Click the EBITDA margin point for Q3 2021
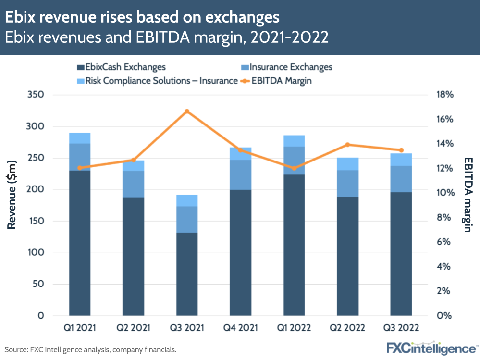tap(187, 112)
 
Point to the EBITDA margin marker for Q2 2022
tap(347, 145)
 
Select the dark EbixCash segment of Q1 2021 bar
tap(80, 243)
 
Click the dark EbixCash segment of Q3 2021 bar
tap(187, 274)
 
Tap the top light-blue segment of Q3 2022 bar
tap(401, 160)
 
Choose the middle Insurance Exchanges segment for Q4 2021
tap(240, 175)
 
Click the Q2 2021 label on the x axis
tap(133, 328)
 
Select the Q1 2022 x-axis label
tap(294, 328)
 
